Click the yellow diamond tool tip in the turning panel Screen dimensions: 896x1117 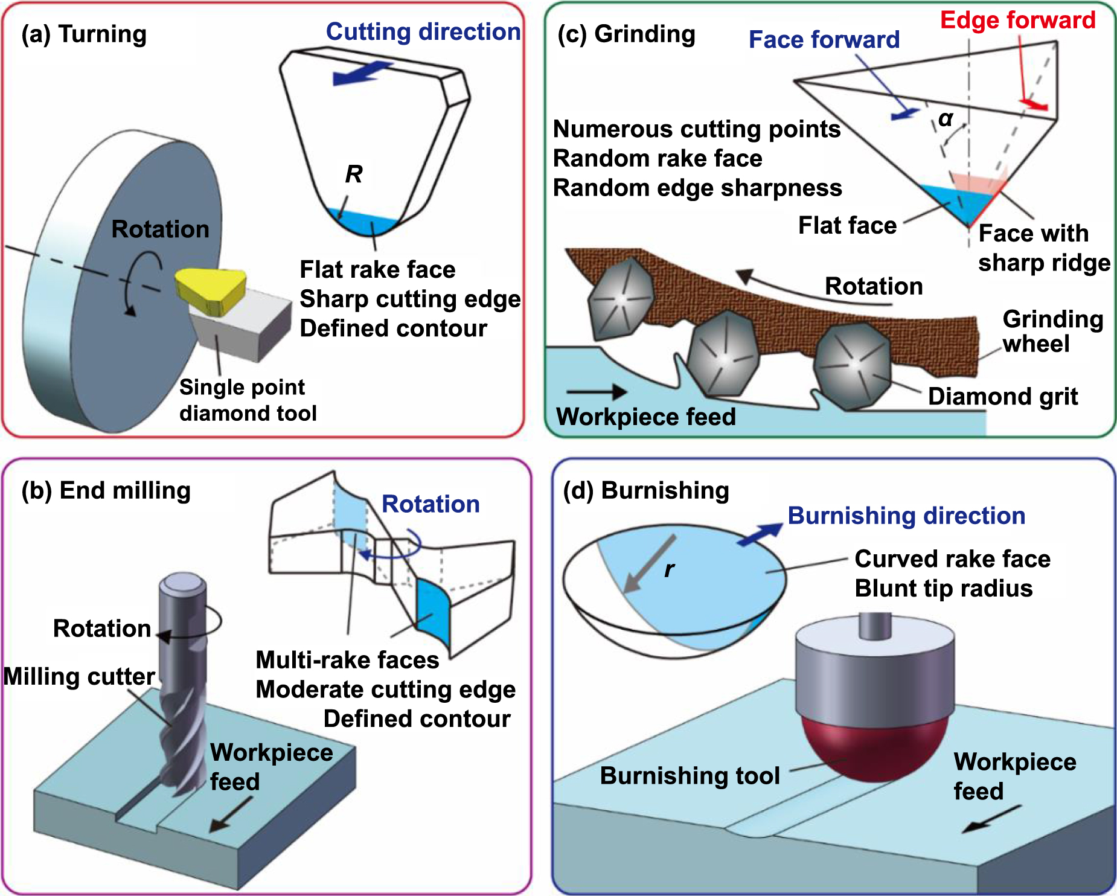coord(211,289)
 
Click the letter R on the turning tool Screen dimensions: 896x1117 coord(354,175)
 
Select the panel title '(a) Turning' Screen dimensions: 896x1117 coord(84,34)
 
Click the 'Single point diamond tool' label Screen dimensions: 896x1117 coord(248,400)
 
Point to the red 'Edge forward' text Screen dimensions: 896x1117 coord(1017,21)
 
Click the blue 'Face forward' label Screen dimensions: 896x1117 coord(824,40)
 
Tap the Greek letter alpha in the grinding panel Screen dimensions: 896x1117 coord(946,119)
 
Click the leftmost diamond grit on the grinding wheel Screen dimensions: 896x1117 coord(621,298)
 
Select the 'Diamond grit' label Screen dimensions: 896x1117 coord(1002,397)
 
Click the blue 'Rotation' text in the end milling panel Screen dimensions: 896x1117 coord(430,504)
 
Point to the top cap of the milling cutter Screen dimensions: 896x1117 coord(182,583)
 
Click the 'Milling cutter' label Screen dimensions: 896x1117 coord(79,676)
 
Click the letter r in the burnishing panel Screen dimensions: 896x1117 coord(669,569)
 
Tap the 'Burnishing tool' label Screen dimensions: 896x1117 coord(690,776)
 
